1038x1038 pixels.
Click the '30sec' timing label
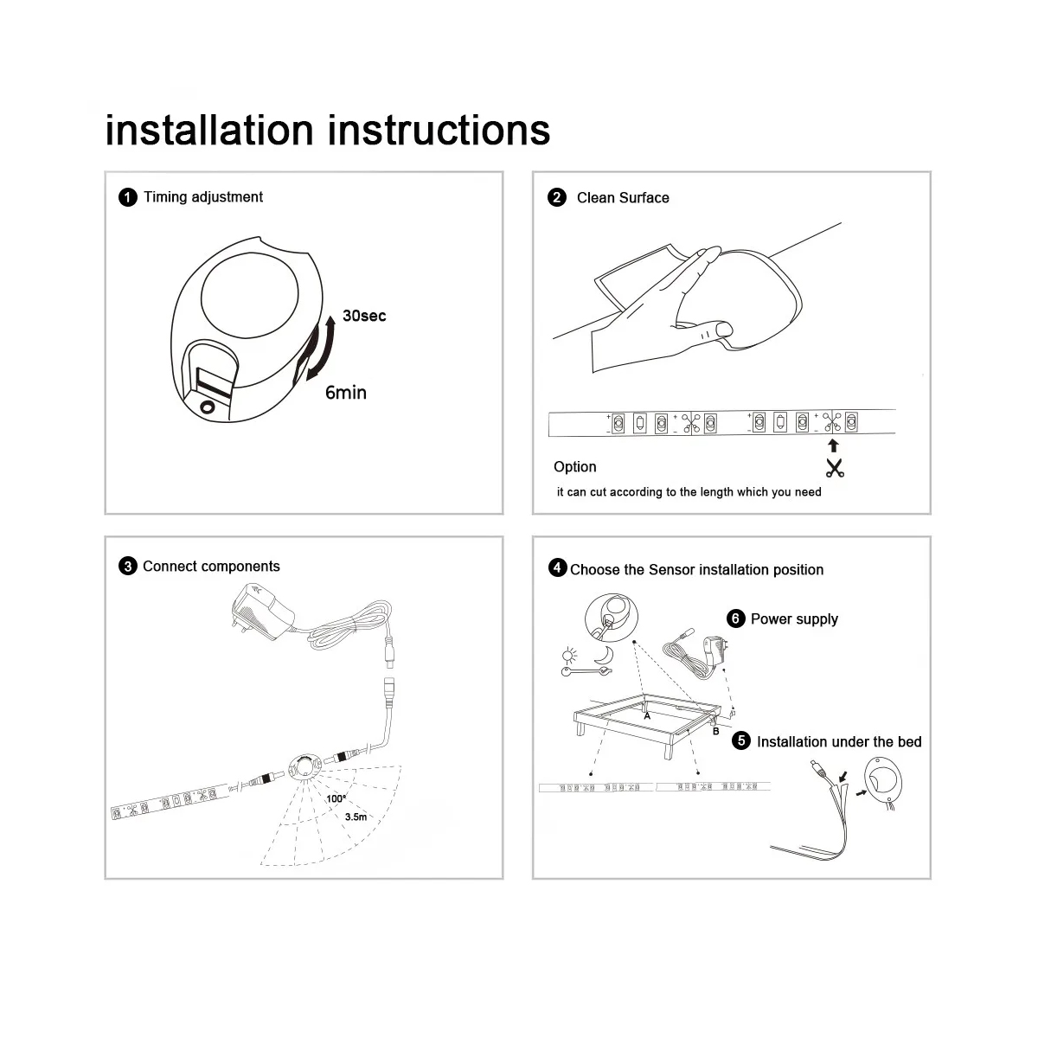click(x=364, y=316)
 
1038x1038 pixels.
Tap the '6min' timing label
click(x=346, y=393)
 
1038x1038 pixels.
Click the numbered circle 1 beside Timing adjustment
click(x=128, y=197)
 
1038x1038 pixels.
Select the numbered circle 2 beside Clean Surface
click(x=557, y=198)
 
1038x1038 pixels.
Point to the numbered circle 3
click(x=128, y=567)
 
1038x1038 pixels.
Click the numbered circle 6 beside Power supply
click(x=735, y=618)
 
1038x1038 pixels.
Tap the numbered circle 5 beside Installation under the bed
click(x=741, y=740)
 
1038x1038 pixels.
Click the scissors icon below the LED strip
click(x=835, y=468)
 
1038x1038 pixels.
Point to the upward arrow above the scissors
click(x=833, y=445)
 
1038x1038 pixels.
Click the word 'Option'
click(x=574, y=467)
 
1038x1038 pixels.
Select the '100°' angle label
click(x=336, y=798)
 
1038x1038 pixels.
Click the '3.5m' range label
click(x=356, y=817)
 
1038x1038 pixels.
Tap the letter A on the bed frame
click(x=647, y=716)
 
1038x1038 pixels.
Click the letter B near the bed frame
click(x=716, y=731)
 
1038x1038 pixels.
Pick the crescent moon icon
click(x=605, y=655)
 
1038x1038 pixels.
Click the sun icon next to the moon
click(x=569, y=656)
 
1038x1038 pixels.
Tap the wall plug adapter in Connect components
click(x=262, y=612)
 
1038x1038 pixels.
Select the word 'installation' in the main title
click(x=209, y=131)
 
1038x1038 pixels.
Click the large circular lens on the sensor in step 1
click(x=249, y=295)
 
